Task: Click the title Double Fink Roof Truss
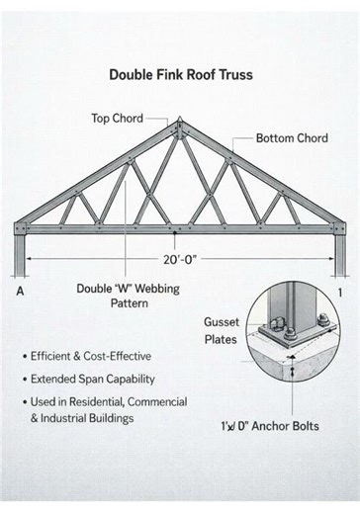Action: (x=179, y=74)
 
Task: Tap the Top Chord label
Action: (x=118, y=119)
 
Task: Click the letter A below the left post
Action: (x=21, y=293)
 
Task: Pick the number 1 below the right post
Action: (x=339, y=293)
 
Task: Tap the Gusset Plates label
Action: (x=221, y=330)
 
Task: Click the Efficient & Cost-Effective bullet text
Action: (x=91, y=356)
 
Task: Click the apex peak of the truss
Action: (x=179, y=123)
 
